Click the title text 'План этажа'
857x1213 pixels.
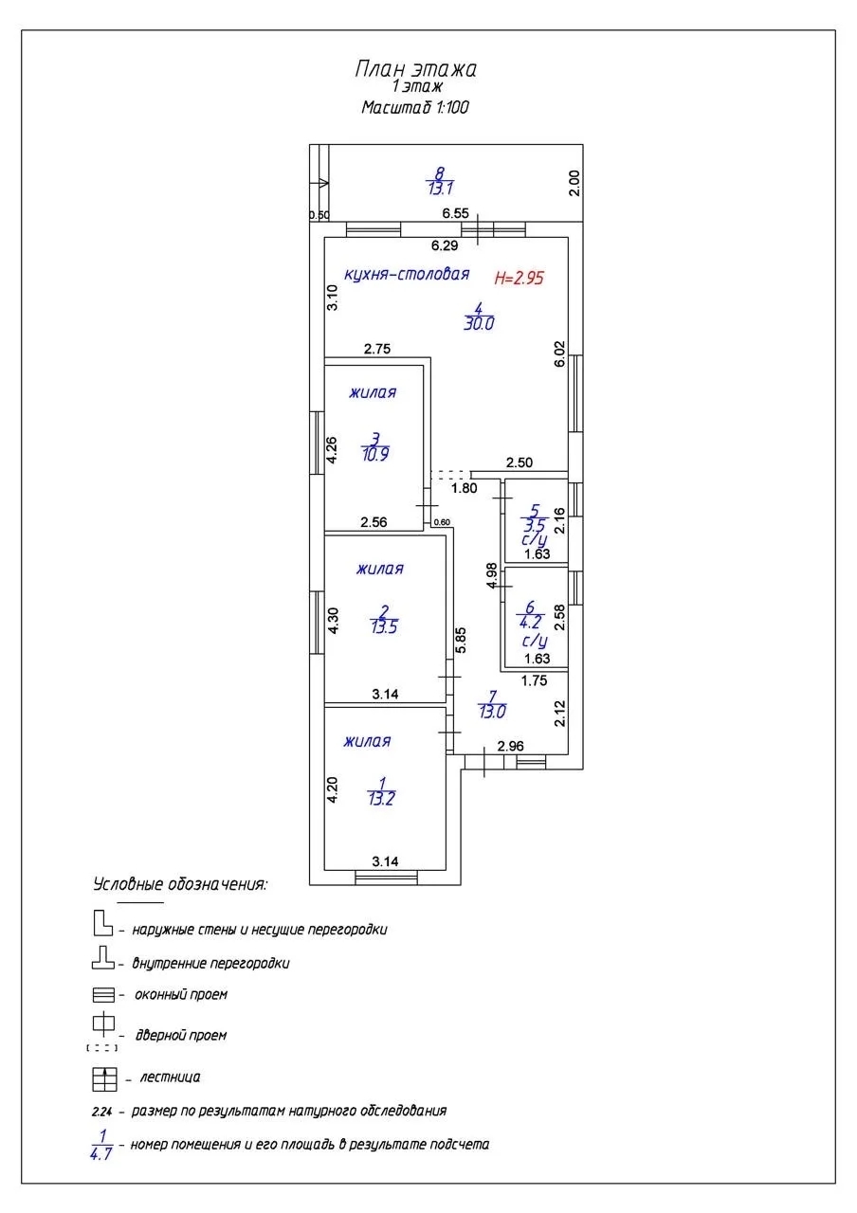click(415, 69)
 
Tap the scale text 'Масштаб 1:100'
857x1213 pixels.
click(415, 107)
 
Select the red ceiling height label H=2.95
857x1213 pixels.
click(522, 278)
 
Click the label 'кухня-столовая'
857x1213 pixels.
click(407, 275)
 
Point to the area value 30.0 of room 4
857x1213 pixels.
click(480, 323)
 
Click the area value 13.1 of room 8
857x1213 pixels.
click(439, 187)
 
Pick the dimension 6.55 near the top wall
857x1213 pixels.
click(457, 213)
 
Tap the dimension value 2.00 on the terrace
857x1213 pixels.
click(573, 182)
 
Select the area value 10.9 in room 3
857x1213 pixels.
click(375, 454)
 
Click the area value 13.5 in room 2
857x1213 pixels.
click(384, 626)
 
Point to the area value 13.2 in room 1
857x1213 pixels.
click(381, 799)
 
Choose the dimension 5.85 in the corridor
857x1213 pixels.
click(461, 642)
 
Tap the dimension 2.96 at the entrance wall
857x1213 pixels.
click(511, 747)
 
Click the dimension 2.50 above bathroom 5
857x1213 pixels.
click(520, 462)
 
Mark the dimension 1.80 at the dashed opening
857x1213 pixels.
click(464, 489)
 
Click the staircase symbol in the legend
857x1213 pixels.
click(103, 1078)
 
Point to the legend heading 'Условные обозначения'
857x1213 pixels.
click(180, 884)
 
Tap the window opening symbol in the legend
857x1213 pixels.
click(103, 996)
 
